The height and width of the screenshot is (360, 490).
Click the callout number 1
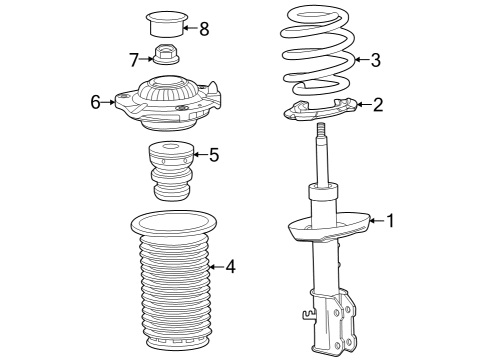[x=391, y=221]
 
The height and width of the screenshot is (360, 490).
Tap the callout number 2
[x=377, y=104]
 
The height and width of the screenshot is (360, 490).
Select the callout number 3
[x=375, y=60]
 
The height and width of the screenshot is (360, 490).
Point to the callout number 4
[x=230, y=266]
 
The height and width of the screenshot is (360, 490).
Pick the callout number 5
[x=212, y=154]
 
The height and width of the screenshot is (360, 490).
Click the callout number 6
[x=96, y=101]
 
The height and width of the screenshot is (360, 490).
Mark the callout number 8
[x=204, y=28]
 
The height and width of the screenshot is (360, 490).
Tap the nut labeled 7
[x=166, y=58]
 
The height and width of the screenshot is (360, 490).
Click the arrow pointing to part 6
[x=110, y=101]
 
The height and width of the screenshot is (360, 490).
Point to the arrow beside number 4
[x=215, y=266]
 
